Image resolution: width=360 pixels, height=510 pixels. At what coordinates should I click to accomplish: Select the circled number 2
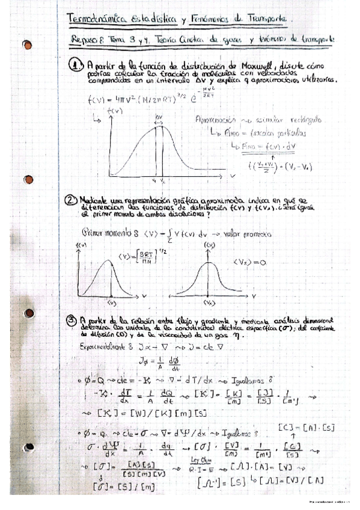pos(72,200)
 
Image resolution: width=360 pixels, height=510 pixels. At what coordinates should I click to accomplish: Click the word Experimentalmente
pos(105,347)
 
